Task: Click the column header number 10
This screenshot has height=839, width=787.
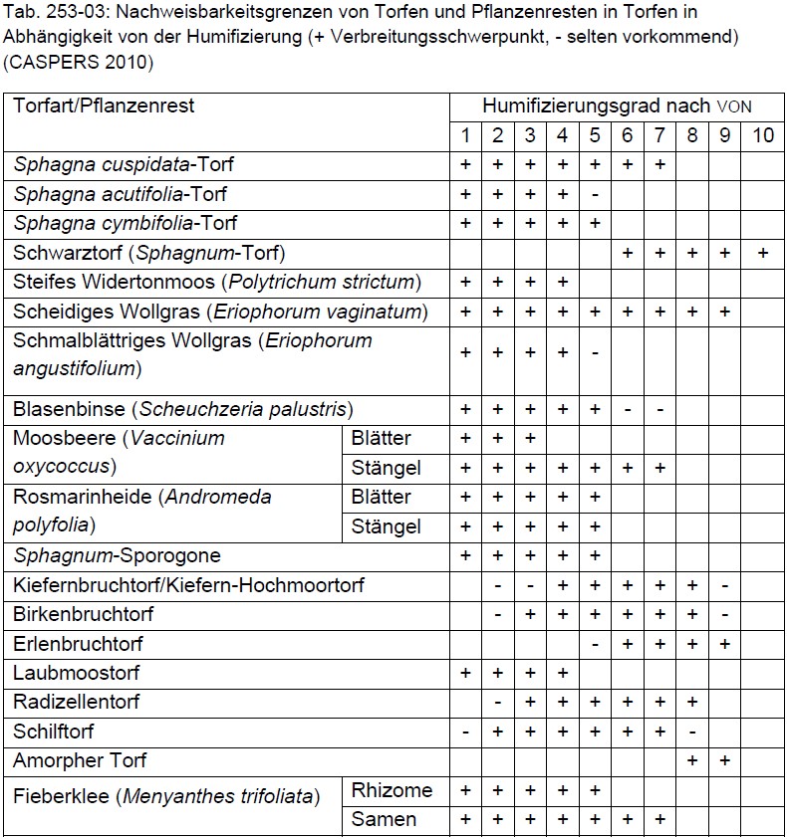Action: click(762, 135)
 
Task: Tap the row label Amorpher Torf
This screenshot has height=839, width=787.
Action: click(80, 760)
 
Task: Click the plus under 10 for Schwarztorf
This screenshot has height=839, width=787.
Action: click(762, 253)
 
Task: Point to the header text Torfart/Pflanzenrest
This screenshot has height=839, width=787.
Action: click(104, 105)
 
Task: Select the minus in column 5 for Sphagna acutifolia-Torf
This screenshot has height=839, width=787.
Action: click(595, 194)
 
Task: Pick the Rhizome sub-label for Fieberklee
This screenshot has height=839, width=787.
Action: click(393, 790)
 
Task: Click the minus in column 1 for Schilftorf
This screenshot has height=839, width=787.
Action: click(465, 732)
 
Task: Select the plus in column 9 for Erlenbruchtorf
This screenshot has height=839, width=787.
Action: click(724, 644)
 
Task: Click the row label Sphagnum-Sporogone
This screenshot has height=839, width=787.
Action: click(117, 555)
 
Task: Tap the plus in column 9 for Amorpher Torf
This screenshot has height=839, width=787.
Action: click(724, 760)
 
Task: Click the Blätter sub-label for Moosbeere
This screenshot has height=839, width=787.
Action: click(382, 438)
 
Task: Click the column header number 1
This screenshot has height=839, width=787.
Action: click(465, 135)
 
